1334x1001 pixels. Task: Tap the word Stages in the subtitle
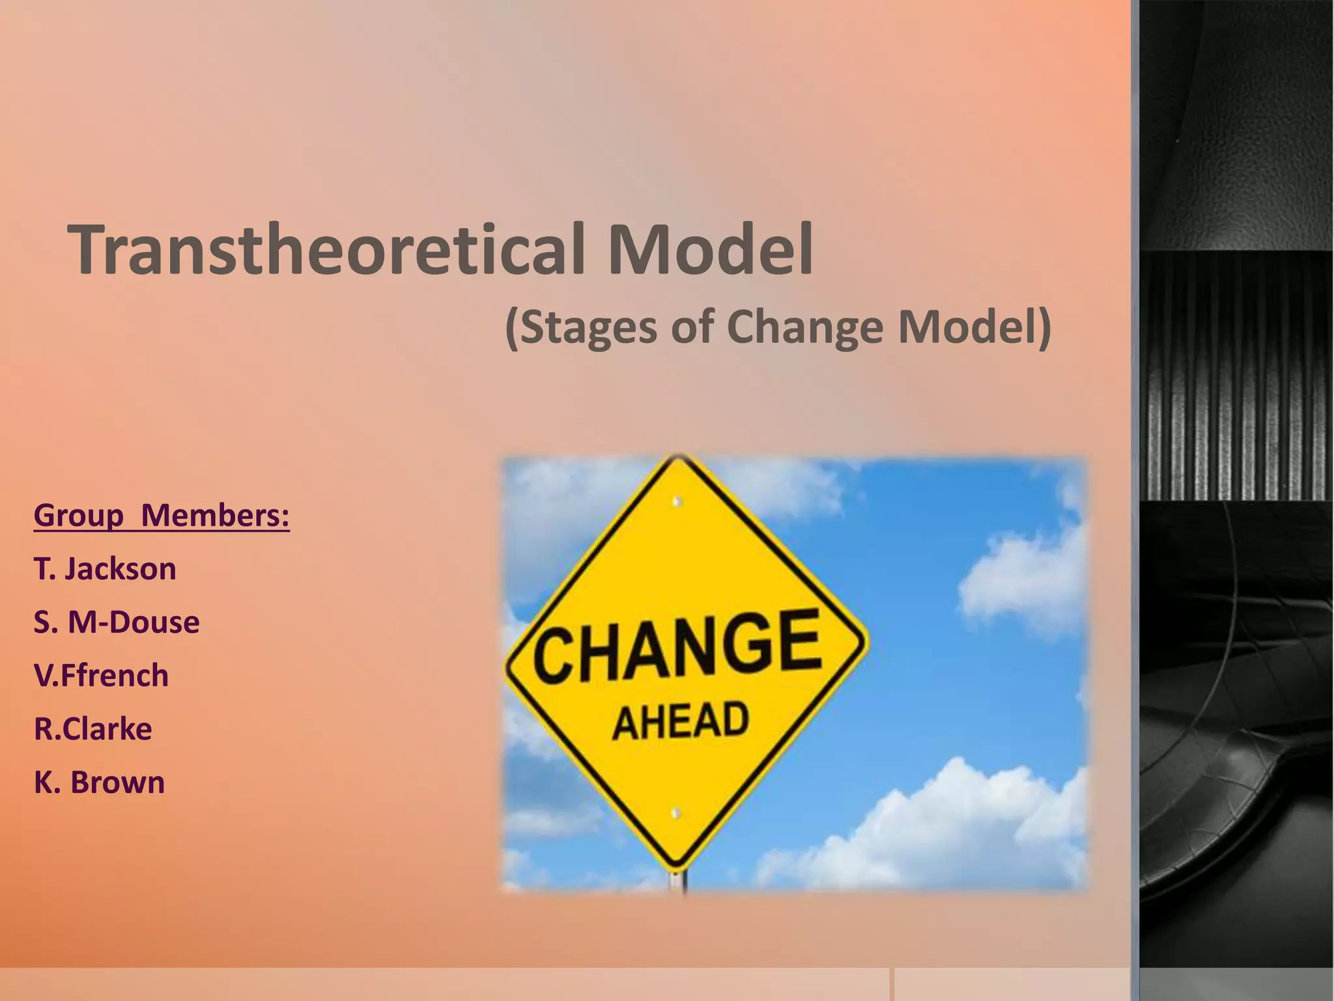click(x=589, y=327)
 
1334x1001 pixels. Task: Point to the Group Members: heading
click(x=162, y=515)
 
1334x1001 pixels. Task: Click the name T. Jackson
click(x=105, y=569)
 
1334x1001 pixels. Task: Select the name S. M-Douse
click(x=117, y=622)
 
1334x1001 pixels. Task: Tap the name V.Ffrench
click(x=101, y=676)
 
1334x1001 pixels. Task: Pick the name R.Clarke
click(x=93, y=729)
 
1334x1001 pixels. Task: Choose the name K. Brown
click(x=99, y=783)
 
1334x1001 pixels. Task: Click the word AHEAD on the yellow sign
click(x=681, y=721)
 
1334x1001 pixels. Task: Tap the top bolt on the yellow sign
click(x=677, y=502)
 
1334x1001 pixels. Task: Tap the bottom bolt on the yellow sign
click(x=676, y=813)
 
